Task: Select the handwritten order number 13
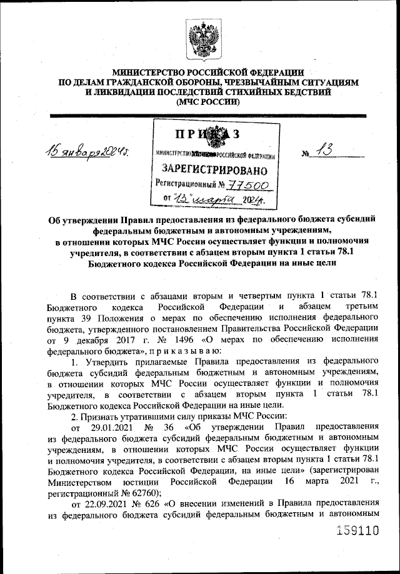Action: (x=327, y=150)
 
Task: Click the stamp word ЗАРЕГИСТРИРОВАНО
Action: (x=214, y=169)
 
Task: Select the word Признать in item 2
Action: (x=102, y=416)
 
